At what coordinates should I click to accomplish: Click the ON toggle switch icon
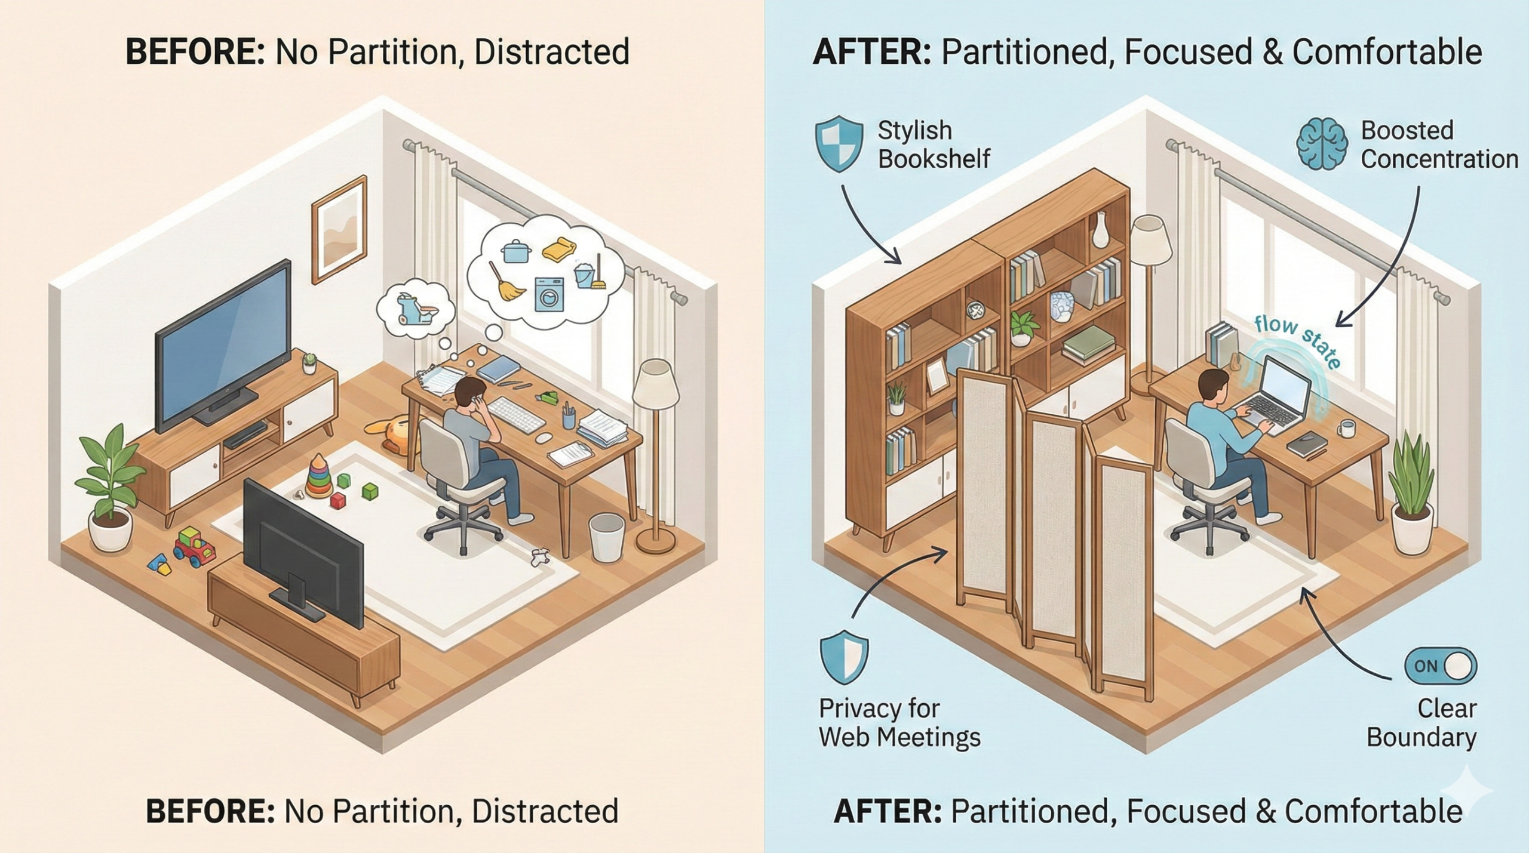point(1440,666)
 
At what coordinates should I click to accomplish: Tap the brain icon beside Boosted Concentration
point(1321,145)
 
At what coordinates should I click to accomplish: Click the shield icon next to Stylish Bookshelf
point(839,144)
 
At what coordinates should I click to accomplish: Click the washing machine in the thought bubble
point(549,293)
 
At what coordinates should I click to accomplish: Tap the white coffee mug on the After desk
point(1346,428)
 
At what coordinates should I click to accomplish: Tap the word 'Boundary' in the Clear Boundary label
point(1421,738)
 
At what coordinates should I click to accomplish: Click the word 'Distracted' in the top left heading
point(551,52)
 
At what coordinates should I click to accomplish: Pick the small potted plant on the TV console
point(309,362)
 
